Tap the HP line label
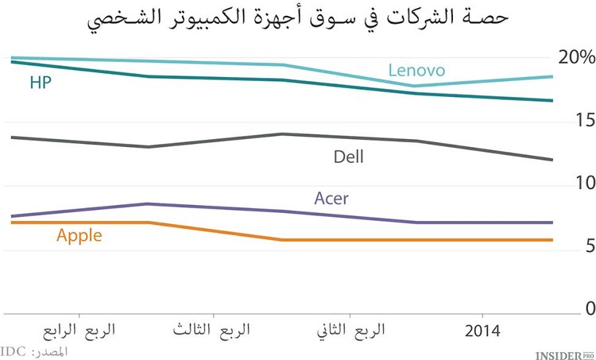click(41, 83)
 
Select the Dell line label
click(348, 157)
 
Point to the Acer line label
click(331, 199)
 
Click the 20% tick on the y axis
click(576, 57)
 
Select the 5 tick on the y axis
click(589, 246)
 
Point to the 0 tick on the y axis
click(589, 308)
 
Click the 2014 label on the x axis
click(482, 330)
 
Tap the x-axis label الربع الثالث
click(212, 330)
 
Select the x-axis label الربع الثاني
click(350, 330)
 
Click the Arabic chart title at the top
click(298, 20)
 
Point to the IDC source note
click(34, 350)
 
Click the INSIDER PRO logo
click(563, 351)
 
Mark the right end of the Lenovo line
click(552, 77)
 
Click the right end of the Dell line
click(552, 160)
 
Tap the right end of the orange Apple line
click(552, 240)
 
